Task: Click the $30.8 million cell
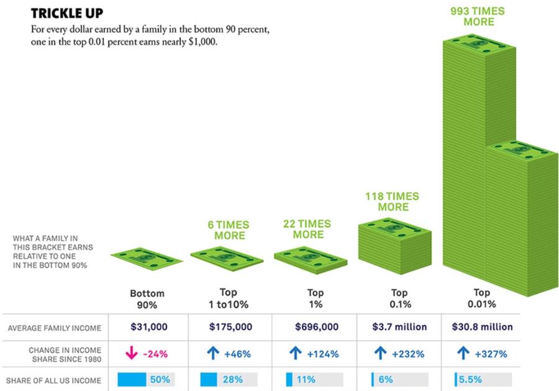point(478,327)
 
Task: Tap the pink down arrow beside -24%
point(132,354)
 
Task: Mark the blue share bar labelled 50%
point(131,379)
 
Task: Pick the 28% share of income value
point(232,379)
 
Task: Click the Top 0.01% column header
point(481,299)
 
